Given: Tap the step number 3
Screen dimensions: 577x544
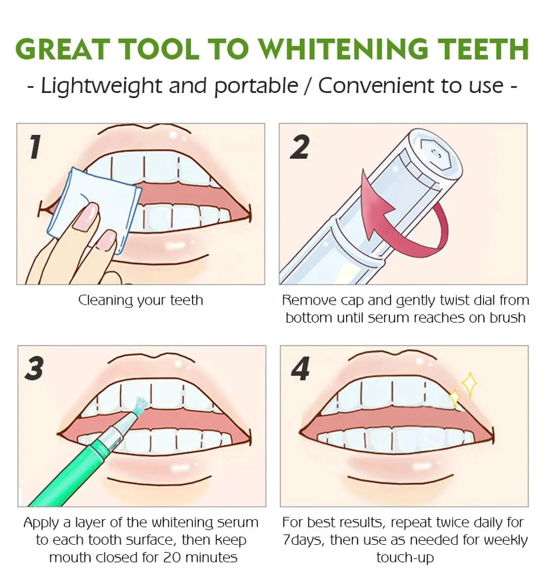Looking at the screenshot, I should tap(35, 368).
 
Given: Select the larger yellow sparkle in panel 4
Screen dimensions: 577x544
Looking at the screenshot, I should tap(469, 384).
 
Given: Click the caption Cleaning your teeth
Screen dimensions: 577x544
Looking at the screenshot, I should tap(140, 301).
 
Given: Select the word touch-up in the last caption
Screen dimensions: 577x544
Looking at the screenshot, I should tap(404, 558).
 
